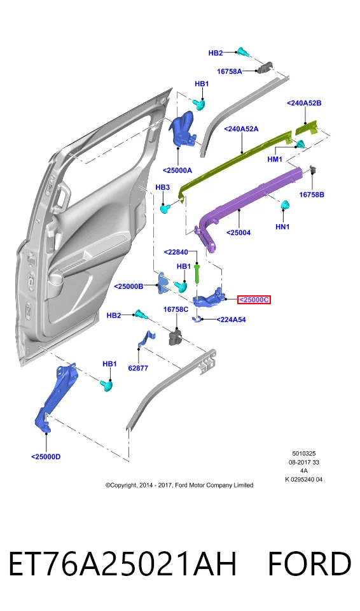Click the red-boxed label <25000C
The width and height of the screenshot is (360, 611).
pos(254,300)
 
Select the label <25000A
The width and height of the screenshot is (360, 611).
pos(177,171)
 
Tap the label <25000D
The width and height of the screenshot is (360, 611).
pos(46,457)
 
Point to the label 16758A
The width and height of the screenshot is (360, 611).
pos(230,71)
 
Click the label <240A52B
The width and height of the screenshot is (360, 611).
pos(304,103)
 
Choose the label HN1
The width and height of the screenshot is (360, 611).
pos(282,227)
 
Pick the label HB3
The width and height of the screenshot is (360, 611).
pos(162,187)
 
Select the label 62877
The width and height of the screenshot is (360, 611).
pos(138,367)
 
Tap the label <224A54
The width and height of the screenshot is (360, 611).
pos(231,320)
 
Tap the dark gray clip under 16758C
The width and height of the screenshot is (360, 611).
pos(176,337)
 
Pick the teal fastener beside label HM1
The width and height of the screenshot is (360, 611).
pos(300,144)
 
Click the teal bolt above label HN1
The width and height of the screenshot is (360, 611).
pos(286,205)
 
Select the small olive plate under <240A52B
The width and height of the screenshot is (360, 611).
pos(307,127)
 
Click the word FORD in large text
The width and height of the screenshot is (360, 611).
pos(310,564)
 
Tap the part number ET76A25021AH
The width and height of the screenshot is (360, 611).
pos(123,564)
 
